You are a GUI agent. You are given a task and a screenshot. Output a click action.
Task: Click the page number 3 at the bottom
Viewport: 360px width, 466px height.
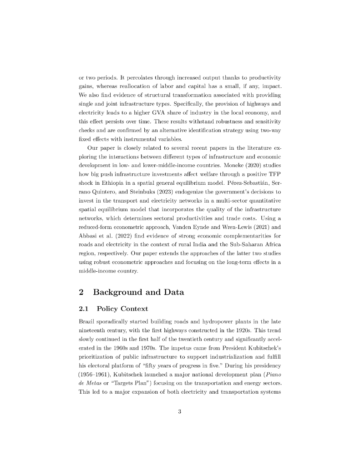click(180, 412)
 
